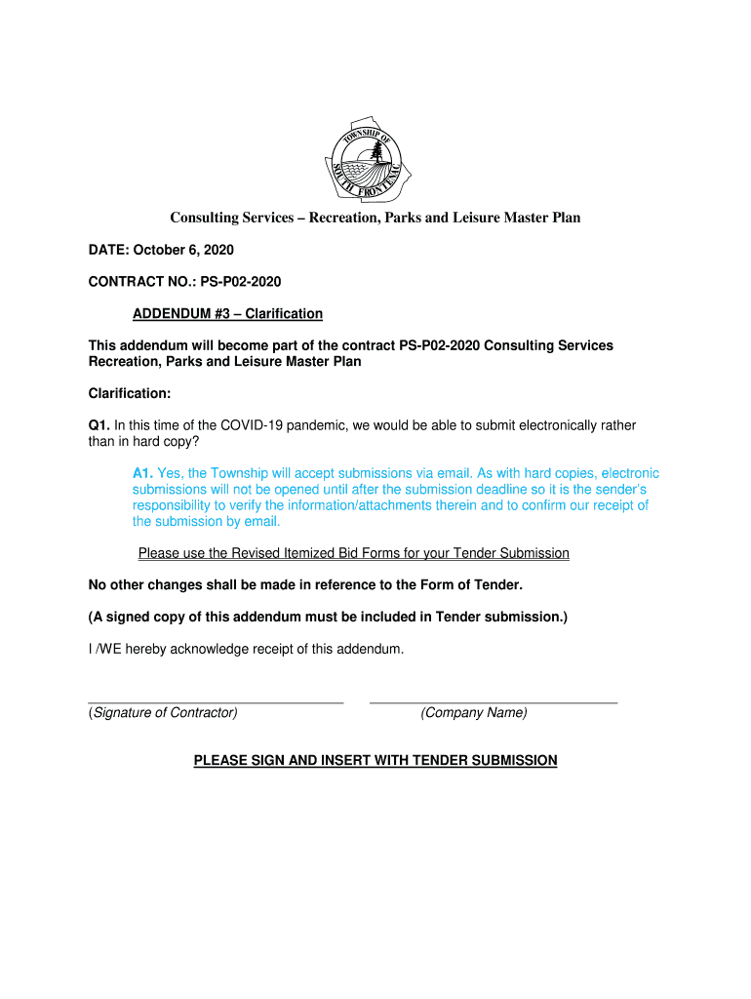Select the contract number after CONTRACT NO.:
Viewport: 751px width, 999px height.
[241, 282]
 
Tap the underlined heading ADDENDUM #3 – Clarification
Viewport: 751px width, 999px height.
[227, 314]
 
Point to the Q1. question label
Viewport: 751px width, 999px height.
[99, 425]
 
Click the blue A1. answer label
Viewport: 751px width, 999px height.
[143, 473]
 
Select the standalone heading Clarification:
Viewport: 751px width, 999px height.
[130, 393]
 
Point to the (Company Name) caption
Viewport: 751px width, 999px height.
[474, 713]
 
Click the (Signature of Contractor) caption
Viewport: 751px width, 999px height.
[163, 713]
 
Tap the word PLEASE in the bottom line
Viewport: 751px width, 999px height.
[221, 760]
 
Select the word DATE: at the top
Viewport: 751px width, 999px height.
[107, 251]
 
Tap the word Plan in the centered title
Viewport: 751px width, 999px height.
[566, 218]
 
